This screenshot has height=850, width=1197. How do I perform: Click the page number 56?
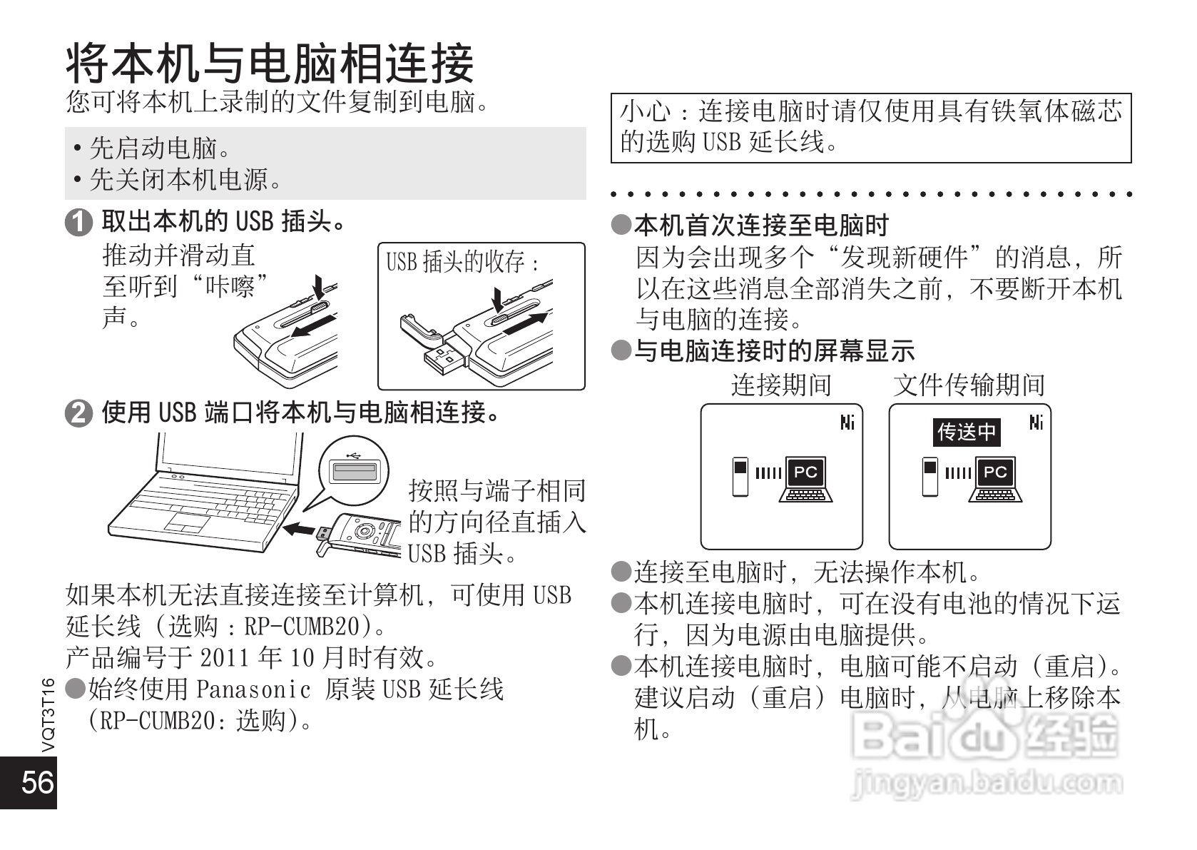click(37, 782)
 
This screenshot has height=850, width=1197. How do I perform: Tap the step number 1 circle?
click(78, 223)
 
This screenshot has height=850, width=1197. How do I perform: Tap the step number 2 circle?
click(78, 413)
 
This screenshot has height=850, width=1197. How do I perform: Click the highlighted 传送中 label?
click(967, 432)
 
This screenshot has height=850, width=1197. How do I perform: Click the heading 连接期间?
click(781, 385)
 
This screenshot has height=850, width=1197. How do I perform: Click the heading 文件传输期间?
click(969, 385)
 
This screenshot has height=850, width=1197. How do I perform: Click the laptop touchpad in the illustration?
click(187, 523)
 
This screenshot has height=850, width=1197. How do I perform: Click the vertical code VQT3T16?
click(48, 714)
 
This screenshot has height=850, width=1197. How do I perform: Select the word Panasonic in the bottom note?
click(253, 689)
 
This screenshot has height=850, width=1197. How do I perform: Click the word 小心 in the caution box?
click(645, 112)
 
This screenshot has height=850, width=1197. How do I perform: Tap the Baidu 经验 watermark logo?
click(988, 735)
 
